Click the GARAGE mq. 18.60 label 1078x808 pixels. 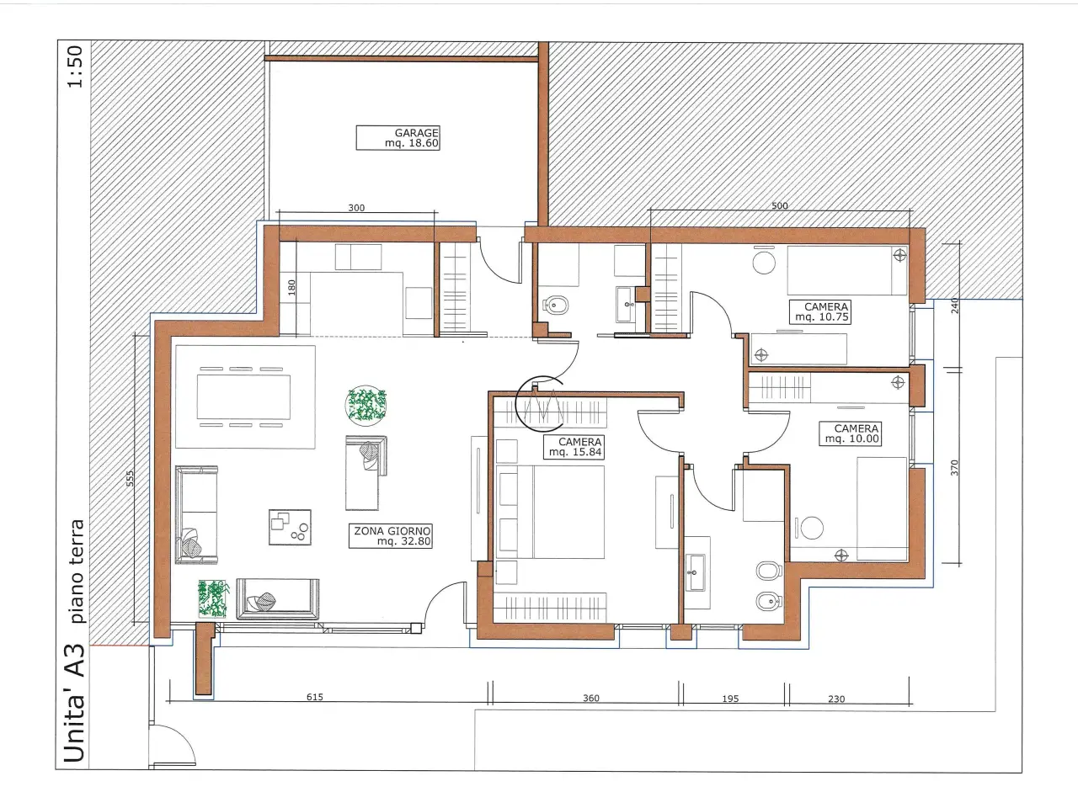coord(398,138)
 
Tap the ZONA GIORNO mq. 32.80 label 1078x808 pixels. coord(391,536)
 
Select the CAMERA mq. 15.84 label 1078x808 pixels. coord(574,447)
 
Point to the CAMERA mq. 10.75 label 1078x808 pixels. coord(820,311)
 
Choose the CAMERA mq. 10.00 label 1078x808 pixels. coord(850,433)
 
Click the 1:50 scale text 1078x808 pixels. coord(76,66)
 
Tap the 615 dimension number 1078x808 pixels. coord(315,697)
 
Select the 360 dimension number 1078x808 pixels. coord(591,698)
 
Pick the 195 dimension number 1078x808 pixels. coord(730,698)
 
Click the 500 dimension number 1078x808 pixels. coord(779,205)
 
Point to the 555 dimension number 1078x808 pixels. coord(130,478)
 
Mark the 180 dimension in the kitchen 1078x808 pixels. coord(291,288)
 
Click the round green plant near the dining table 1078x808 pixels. coord(366,405)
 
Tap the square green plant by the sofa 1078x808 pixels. coord(214,598)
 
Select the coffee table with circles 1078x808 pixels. coord(290,528)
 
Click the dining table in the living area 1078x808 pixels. coord(243,397)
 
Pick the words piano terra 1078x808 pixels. coord(77,571)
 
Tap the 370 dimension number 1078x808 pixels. coord(953,467)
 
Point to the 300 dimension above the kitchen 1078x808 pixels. coord(356,208)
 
